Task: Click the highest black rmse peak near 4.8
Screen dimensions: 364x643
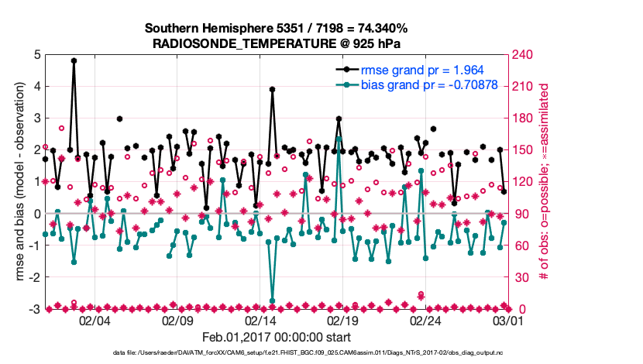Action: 74,60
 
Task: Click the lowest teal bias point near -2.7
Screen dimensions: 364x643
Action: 272,300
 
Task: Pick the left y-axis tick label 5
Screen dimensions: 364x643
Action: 37,55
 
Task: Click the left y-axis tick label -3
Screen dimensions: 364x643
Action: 35,309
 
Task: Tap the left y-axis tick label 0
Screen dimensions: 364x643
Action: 37,214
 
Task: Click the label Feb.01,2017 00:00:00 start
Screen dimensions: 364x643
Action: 276,337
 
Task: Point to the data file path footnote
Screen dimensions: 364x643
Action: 321,353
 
